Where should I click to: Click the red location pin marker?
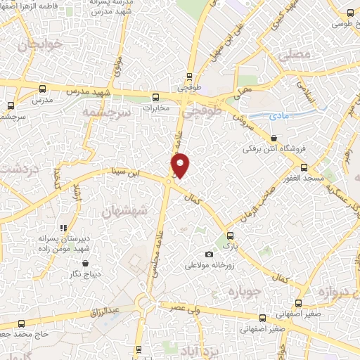coord(181,165)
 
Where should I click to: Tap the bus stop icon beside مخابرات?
coord(155,98)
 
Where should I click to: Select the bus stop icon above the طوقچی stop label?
coord(188,77)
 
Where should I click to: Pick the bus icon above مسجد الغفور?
coord(304,167)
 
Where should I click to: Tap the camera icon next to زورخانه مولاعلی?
coord(208,254)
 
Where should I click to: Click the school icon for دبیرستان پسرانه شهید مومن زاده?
coord(63,228)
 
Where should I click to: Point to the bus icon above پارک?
coord(227,236)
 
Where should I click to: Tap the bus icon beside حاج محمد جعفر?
coord(21,324)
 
